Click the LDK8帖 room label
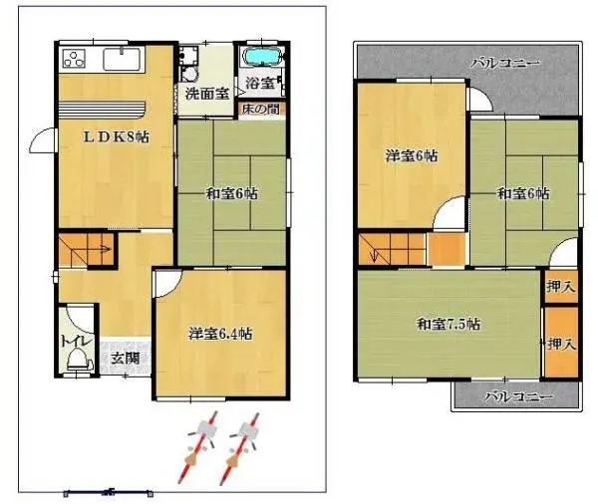click(116, 137)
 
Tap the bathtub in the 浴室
click(262, 57)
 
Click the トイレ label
click(76, 340)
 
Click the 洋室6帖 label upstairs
click(412, 155)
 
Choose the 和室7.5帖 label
click(448, 324)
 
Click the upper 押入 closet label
click(559, 287)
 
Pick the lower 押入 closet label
click(559, 344)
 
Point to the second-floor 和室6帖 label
click(522, 193)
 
